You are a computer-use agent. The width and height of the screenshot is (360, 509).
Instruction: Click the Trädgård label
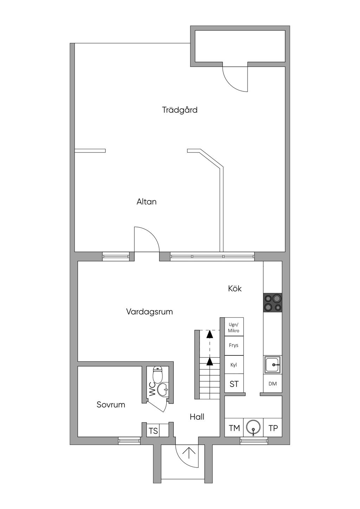pos(180,110)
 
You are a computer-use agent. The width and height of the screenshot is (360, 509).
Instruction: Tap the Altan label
pos(146,202)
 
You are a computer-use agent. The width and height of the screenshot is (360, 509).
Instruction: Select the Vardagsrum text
pos(149,311)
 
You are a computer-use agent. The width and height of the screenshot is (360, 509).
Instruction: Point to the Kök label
pos(235,289)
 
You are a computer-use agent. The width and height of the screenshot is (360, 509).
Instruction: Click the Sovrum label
pos(111,405)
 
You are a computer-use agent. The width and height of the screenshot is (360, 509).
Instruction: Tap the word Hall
pos(197,417)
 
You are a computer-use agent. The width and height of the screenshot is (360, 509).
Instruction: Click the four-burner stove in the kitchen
pos(273,303)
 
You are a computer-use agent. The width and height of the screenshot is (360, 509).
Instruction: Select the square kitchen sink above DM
pos(273,365)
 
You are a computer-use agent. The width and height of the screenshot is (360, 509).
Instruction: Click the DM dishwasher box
pos(272,384)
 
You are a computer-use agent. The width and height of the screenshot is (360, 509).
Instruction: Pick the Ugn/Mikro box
pos(234,328)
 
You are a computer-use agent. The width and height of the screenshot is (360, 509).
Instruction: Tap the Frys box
pos(234,345)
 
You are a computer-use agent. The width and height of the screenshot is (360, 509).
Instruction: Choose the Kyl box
pos(234,365)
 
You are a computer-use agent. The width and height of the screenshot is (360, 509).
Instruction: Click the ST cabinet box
pos(234,384)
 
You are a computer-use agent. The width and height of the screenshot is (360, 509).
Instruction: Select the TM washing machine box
pos(234,428)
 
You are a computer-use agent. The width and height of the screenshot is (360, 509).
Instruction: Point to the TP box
pos(273,428)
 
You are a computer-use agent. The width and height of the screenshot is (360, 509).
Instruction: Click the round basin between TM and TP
pos(253,428)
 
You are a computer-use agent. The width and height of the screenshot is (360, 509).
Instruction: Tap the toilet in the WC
pos(158,375)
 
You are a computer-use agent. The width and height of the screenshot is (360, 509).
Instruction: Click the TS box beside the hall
pos(153,431)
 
